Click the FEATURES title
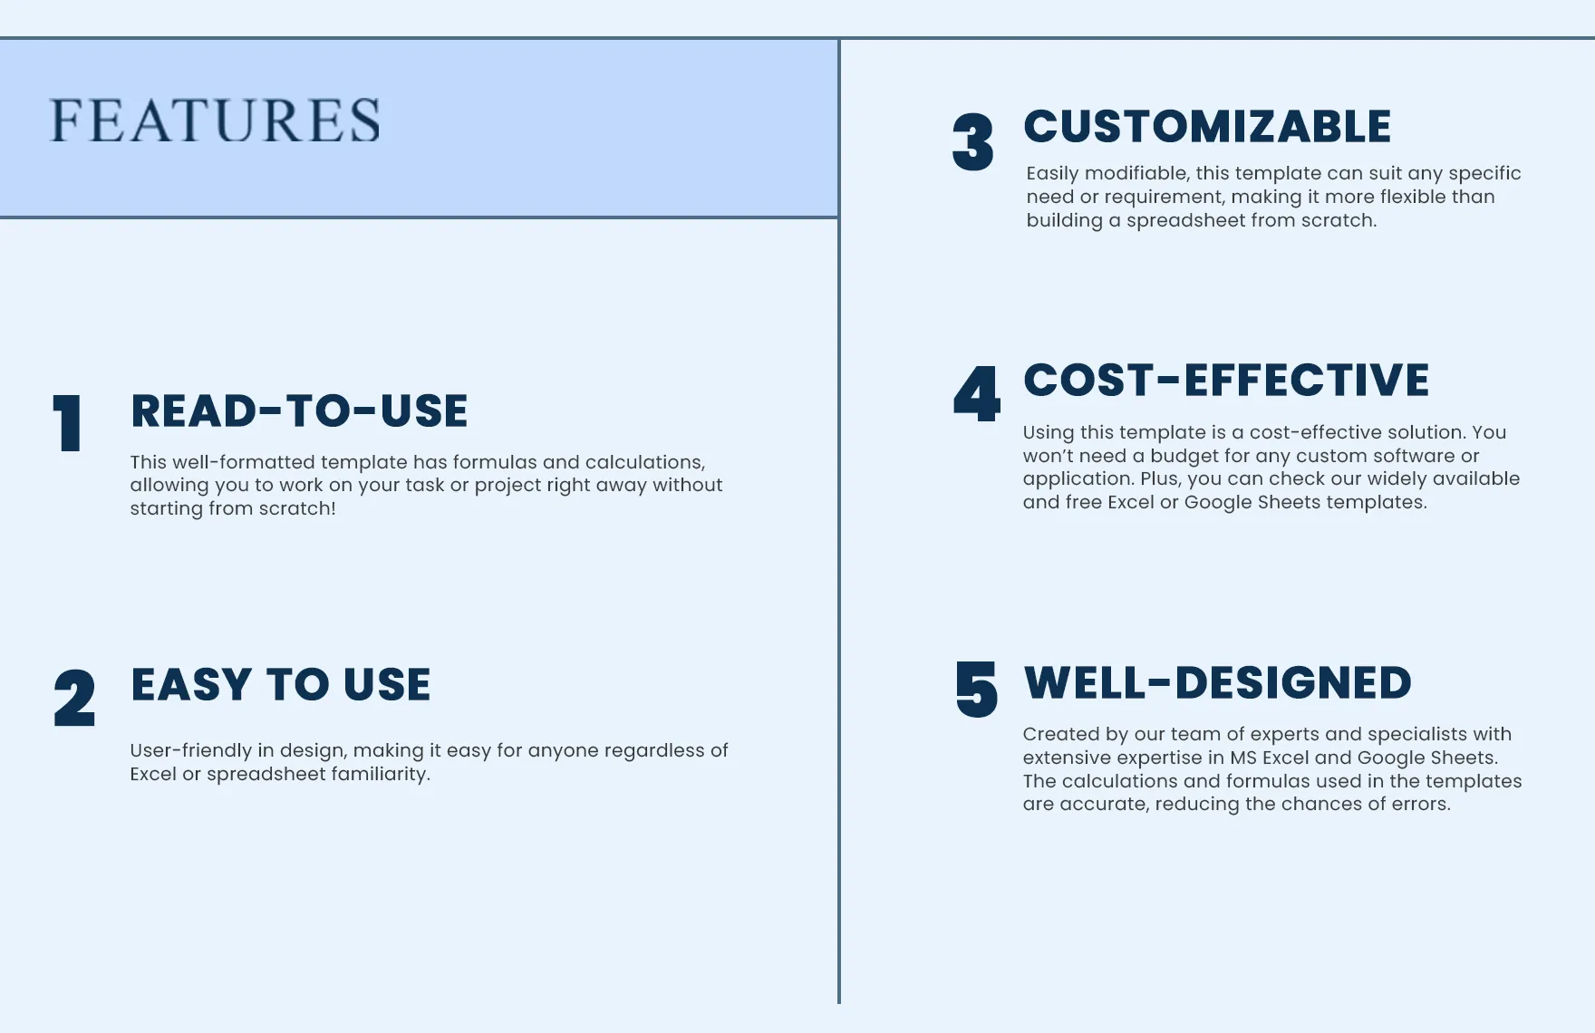pyautogui.click(x=215, y=121)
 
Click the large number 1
pyautogui.click(x=68, y=423)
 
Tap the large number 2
pyautogui.click(x=74, y=698)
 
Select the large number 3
pyautogui.click(x=973, y=142)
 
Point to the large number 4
pyautogui.click(x=977, y=394)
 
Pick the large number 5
pyautogui.click(x=977, y=690)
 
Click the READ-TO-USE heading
pyautogui.click(x=299, y=411)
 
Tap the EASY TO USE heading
pyautogui.click(x=281, y=685)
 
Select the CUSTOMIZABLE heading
pyautogui.click(x=1207, y=127)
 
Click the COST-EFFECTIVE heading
pyautogui.click(x=1226, y=381)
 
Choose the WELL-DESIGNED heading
pyautogui.click(x=1217, y=683)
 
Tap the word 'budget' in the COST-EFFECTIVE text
pyautogui.click(x=1184, y=456)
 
